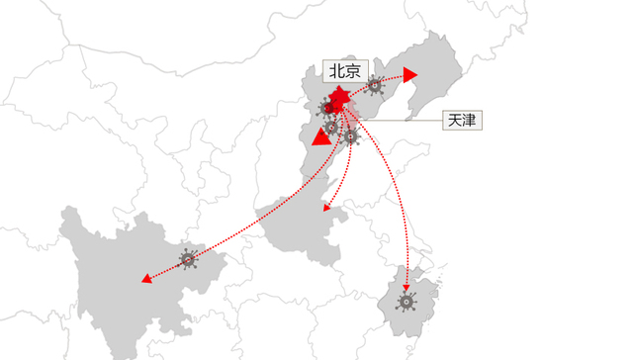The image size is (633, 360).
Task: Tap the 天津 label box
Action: [462, 121]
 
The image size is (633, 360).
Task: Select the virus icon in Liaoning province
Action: [375, 86]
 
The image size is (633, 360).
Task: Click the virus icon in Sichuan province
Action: [188, 260]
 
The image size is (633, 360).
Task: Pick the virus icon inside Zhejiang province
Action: [406, 302]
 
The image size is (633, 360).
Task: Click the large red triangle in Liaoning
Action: [410, 75]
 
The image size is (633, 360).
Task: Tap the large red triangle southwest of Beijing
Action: [321, 135]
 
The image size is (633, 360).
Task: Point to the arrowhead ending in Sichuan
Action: [146, 279]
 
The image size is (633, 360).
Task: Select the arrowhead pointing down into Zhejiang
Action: [406, 288]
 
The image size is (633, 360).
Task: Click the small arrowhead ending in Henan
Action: [326, 209]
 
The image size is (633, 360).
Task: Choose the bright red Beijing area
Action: [339, 100]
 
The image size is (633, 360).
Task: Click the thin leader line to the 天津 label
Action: [406, 121]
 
